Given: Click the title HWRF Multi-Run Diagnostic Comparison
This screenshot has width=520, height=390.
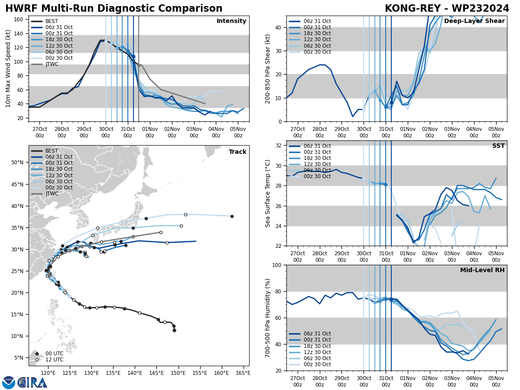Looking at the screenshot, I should pyautogui.click(x=114, y=9).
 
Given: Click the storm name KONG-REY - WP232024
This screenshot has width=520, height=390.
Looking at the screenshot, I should pyautogui.click(x=447, y=9).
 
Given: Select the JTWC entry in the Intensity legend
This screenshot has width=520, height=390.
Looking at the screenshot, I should pyautogui.click(x=52, y=64).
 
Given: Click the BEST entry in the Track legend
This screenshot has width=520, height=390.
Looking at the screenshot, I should pyautogui.click(x=52, y=151).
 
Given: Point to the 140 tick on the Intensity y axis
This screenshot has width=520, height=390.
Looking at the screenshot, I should pyautogui.click(x=19, y=33).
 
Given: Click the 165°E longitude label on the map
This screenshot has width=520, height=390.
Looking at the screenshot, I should pyautogui.click(x=243, y=373).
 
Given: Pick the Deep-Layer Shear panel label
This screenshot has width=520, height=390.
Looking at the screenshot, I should pyautogui.click(x=474, y=21).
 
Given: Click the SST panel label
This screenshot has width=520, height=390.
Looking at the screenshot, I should pyautogui.click(x=498, y=146).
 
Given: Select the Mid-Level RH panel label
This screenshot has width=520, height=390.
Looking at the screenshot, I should pyautogui.click(x=482, y=270).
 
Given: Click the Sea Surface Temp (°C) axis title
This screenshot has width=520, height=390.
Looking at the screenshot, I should pyautogui.click(x=268, y=193).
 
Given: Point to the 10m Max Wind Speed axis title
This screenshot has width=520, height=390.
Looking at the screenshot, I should pyautogui.click(x=8, y=68).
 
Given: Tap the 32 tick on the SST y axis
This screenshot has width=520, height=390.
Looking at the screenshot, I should pyautogui.click(x=279, y=145).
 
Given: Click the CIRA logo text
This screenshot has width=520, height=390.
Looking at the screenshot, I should pyautogui.click(x=32, y=382).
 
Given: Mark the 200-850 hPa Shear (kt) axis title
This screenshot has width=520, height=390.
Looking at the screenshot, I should pyautogui.click(x=268, y=68).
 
